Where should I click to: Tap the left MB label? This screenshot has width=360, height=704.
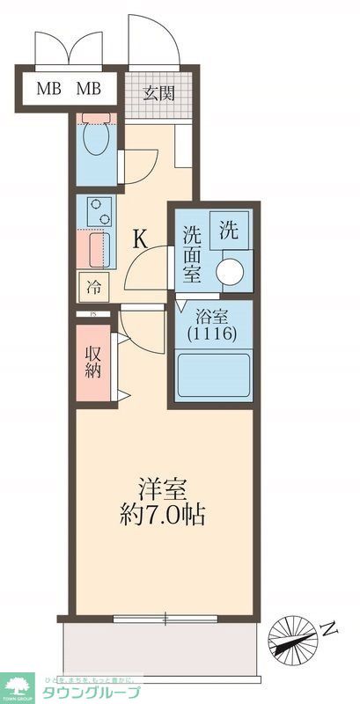[x=48, y=88]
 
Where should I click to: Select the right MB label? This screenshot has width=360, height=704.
[x=88, y=88]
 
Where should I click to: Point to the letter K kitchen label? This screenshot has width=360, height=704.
[x=141, y=238]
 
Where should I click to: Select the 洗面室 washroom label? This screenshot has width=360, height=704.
[x=193, y=253]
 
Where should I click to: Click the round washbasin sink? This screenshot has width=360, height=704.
[x=232, y=272]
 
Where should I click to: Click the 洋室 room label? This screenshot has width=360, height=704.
[x=162, y=487]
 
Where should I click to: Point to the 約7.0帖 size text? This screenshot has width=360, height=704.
[x=162, y=515]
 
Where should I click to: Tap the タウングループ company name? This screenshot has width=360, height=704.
[x=92, y=692]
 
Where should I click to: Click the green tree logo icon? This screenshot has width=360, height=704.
[x=17, y=685]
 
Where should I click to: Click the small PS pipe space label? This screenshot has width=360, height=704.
[x=92, y=314]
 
